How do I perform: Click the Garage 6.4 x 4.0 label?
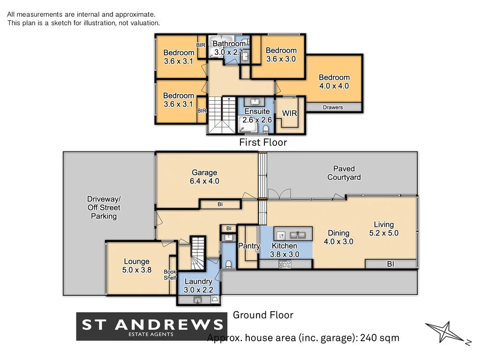pos(204,177)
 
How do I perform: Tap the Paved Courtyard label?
pos(344,173)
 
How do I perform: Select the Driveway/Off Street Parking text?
pos(104,208)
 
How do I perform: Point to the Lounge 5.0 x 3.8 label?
pos(136,266)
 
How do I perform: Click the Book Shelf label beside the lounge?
pos(170,275)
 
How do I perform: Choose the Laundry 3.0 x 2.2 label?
pos(198,285)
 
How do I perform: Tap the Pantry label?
pos(249,246)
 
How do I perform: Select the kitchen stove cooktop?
pos(285,264)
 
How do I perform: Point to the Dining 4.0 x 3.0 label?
pos(338,237)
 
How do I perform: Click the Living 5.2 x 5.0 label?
pos(383,229)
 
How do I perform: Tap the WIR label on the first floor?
pos(290,113)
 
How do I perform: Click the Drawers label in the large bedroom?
pos(333,107)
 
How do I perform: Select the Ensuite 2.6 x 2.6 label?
pos(257,115)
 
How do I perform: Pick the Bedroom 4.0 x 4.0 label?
pos(334,82)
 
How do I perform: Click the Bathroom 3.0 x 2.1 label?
pos(229,48)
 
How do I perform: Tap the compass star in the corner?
pos(444,332)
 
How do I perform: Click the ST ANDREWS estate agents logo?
pos(152,326)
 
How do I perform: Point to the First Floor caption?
pos(262,142)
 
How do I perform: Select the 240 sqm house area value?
pos(380,337)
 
